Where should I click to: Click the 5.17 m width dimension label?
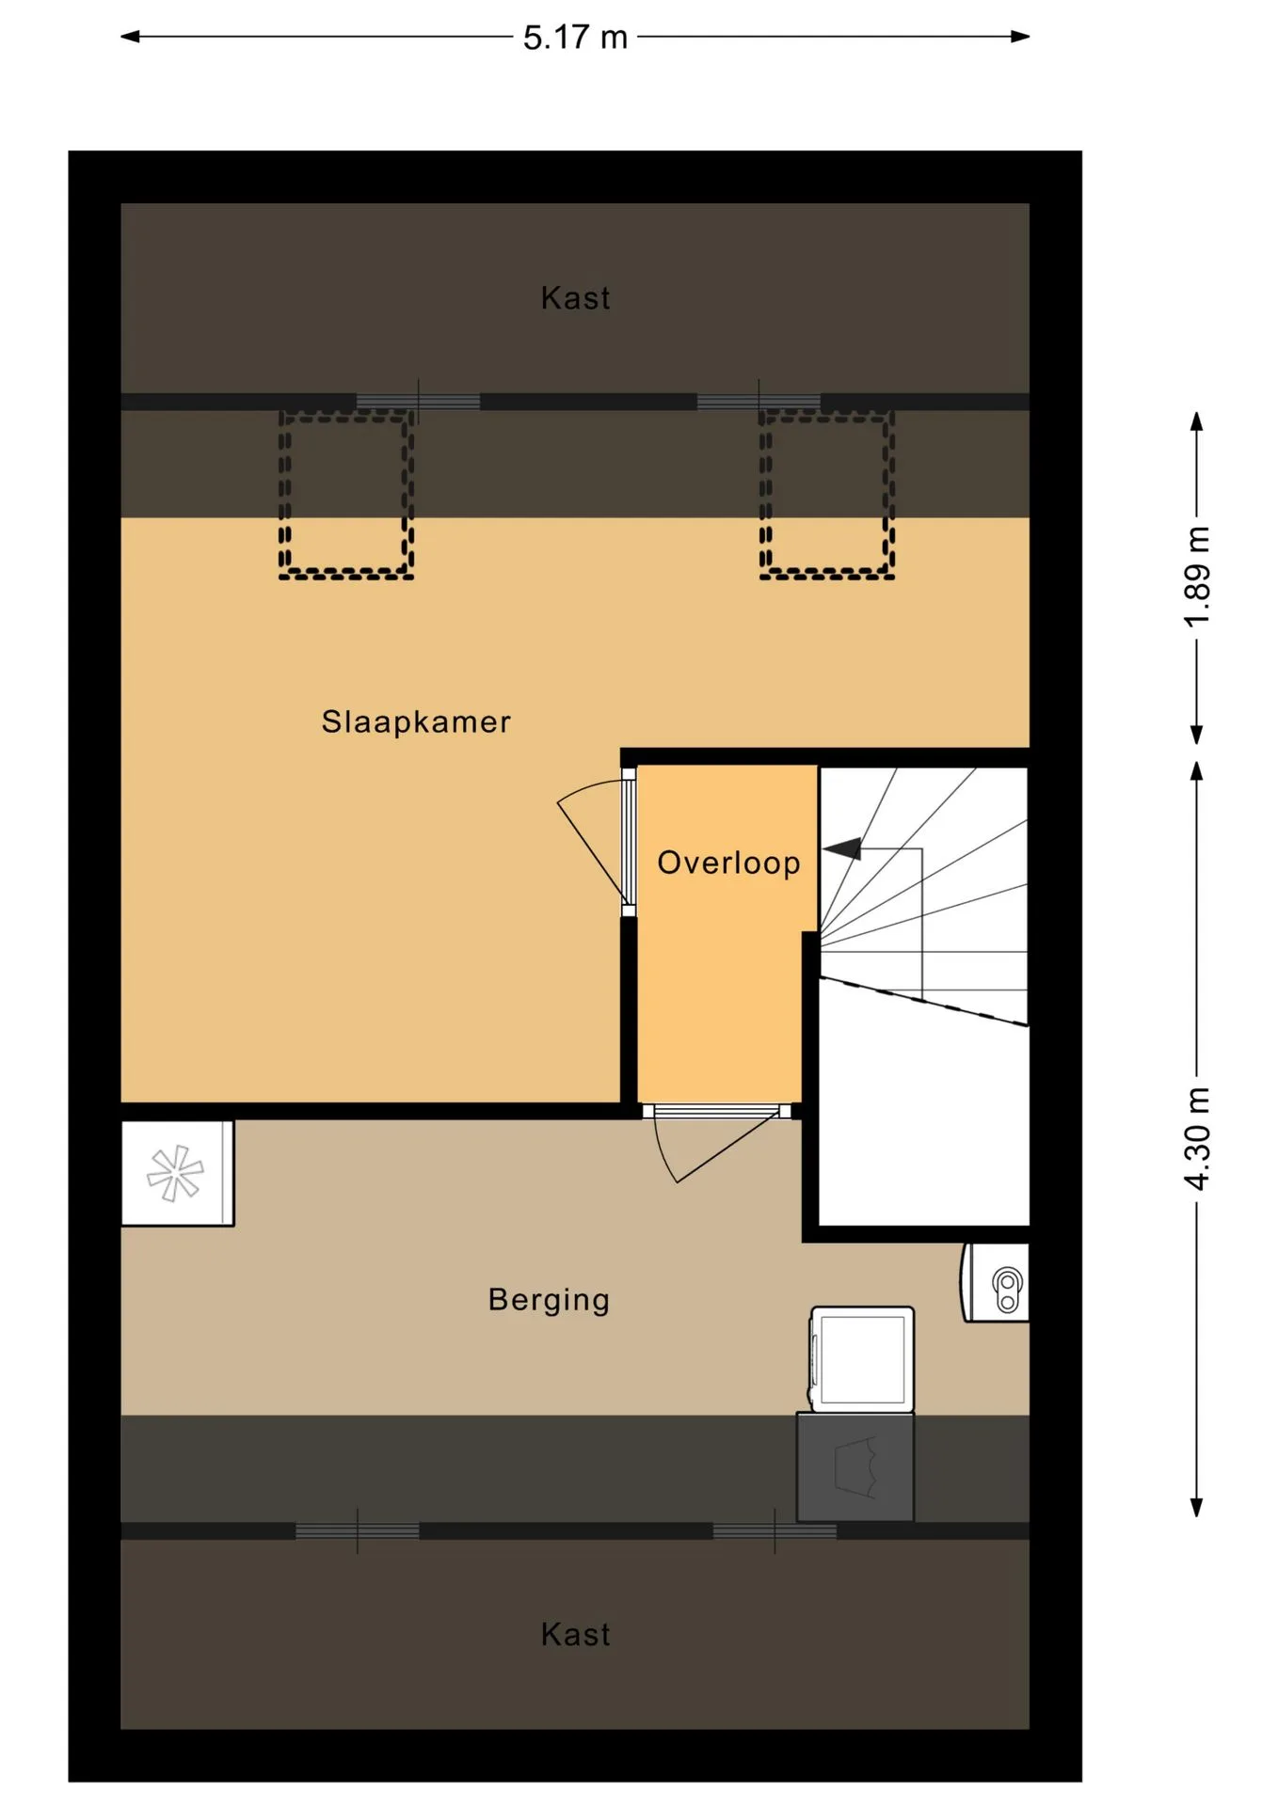coord(575,38)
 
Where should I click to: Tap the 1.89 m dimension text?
coord(1197,577)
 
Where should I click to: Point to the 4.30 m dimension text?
coord(1197,1139)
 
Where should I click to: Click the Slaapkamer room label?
coord(416,721)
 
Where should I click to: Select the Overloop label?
coord(728,863)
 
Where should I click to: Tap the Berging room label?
coord(549,1300)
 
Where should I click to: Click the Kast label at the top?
coord(575,298)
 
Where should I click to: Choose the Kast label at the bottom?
coord(575,1634)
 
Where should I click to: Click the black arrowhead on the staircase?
coord(844,848)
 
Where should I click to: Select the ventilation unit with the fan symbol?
coord(177,1173)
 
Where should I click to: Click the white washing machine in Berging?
coord(861,1359)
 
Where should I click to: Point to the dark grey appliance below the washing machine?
coord(855,1466)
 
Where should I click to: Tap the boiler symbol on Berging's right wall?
coord(995,1283)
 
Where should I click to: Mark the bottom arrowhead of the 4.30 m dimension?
coord(1197,1508)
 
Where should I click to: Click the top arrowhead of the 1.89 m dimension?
coord(1197,421)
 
